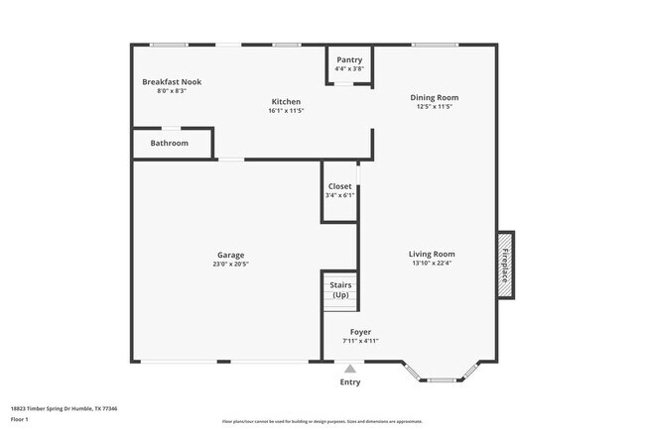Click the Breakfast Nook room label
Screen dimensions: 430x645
tap(172, 81)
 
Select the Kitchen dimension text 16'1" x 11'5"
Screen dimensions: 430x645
tap(287, 111)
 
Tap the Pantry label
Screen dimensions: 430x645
tap(349, 59)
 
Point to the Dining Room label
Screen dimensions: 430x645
tap(435, 97)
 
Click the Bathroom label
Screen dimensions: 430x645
tap(170, 143)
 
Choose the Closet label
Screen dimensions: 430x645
tap(339, 186)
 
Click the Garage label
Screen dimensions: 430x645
tap(230, 255)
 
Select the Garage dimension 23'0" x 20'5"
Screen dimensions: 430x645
tap(230, 265)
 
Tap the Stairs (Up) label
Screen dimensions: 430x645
tap(340, 289)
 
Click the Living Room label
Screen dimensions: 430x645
tap(433, 254)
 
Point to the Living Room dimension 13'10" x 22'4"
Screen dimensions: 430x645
tap(433, 264)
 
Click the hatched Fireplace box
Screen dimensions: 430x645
tap(505, 265)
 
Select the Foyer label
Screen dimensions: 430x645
tap(360, 332)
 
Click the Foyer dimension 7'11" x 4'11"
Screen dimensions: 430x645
tap(360, 341)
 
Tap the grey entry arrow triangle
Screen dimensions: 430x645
tap(350, 368)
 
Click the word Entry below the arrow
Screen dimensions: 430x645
tap(350, 381)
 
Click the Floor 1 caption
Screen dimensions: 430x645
tap(20, 419)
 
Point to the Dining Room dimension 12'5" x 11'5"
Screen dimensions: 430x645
tap(435, 107)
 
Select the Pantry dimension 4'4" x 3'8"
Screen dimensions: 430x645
tap(349, 68)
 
